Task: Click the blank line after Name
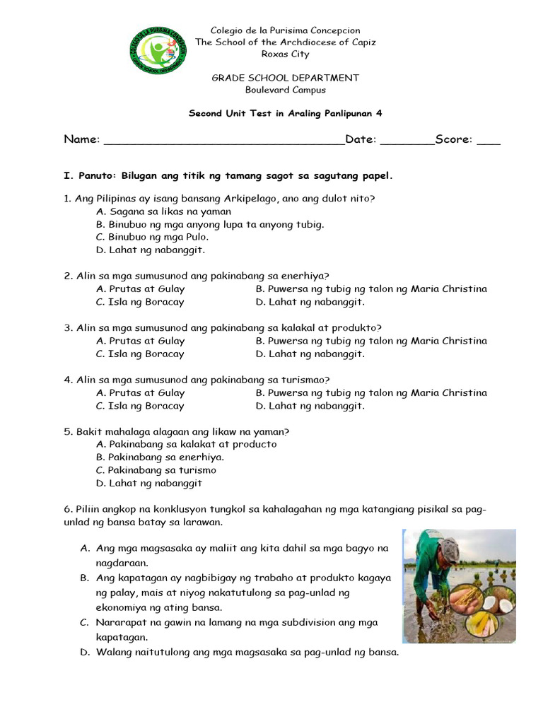(223, 141)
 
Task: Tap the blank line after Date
(407, 141)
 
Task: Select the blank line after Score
(488, 141)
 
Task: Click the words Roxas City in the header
(285, 54)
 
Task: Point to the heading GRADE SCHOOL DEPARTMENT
(285, 78)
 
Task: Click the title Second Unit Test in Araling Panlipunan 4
(285, 113)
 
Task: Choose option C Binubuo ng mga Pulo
(152, 237)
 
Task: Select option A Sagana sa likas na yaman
(163, 211)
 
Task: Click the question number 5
(68, 431)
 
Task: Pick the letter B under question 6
(84, 578)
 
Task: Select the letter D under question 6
(84, 652)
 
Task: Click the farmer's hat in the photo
(448, 549)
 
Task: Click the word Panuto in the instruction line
(96, 175)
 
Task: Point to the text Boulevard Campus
(285, 90)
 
